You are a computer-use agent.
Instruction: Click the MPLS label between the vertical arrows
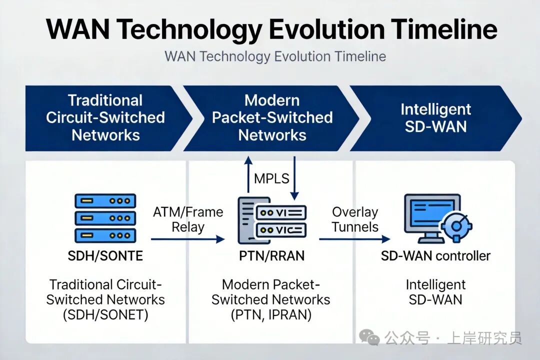pos(271,178)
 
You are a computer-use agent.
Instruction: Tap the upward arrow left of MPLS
pos(248,174)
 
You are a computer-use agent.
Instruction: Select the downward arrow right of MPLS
pos(294,178)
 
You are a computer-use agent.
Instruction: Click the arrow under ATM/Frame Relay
pos(187,238)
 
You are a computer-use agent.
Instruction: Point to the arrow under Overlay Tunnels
pos(354,238)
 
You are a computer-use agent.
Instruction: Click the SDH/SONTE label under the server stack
pos(105,256)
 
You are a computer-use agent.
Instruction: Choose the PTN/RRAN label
pos(271,256)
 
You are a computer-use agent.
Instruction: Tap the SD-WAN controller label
pos(435,256)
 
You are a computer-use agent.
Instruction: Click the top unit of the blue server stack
pos(105,200)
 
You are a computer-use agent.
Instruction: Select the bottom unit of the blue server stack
pos(105,235)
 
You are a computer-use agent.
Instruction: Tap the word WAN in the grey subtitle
pos(180,56)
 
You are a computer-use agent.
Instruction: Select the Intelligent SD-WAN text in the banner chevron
pos(435,118)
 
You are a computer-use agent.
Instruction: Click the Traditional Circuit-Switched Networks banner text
pos(105,118)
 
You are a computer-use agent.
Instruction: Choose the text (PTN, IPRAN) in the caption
pos(271,315)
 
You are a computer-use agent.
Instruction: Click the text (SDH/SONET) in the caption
pos(105,315)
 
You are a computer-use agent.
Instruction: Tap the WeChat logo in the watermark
pos(369,336)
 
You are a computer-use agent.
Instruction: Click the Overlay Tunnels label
pos(354,219)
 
